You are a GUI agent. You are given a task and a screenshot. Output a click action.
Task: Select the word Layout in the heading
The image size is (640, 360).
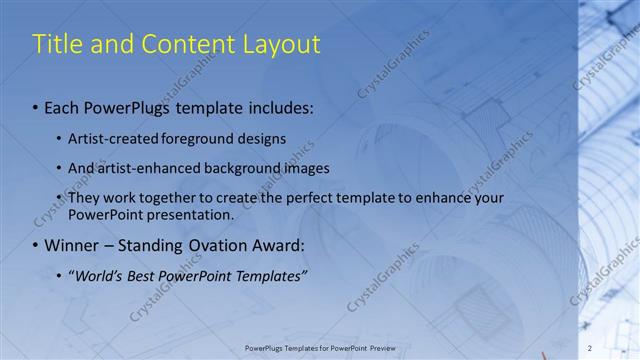point(282,45)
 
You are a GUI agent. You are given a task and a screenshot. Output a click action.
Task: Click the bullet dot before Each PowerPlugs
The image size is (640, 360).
point(36,105)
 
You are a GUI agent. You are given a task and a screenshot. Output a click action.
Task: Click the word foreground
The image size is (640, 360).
point(195,138)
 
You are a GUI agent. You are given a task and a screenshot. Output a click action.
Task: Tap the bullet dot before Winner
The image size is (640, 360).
point(36,245)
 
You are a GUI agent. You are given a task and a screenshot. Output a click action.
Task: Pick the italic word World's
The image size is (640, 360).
point(101,275)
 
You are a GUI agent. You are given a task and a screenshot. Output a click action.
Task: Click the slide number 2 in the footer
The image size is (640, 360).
point(590,348)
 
